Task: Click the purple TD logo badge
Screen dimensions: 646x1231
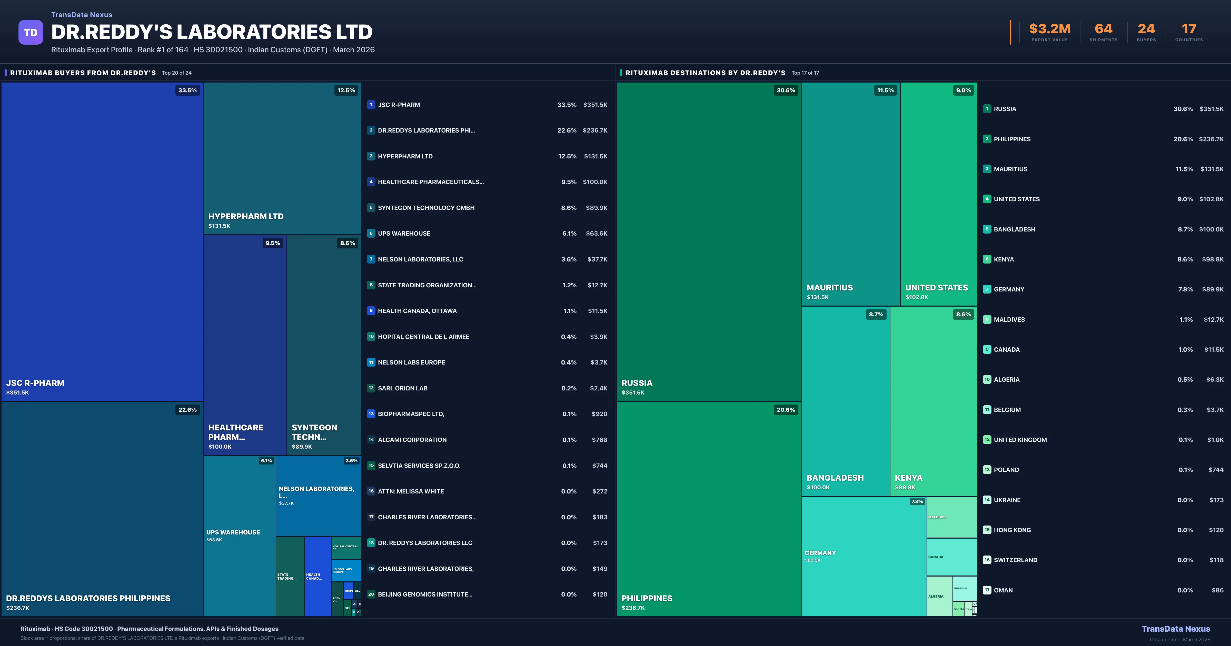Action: click(x=31, y=33)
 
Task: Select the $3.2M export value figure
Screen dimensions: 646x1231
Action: click(x=1049, y=29)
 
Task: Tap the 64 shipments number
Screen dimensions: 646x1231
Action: click(x=1103, y=29)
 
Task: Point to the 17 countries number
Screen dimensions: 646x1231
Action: click(x=1189, y=29)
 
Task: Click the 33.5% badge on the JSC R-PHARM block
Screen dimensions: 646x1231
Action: click(x=187, y=90)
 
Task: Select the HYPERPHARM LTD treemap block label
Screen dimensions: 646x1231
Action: click(x=246, y=216)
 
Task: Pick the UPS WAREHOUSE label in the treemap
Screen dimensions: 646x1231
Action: click(x=233, y=532)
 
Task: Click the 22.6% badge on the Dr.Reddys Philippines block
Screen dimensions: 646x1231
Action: click(x=187, y=409)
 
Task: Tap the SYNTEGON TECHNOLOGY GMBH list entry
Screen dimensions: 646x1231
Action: click(x=426, y=208)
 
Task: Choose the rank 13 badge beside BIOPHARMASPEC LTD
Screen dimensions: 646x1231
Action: click(x=371, y=414)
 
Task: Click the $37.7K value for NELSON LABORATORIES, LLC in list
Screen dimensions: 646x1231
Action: click(x=597, y=259)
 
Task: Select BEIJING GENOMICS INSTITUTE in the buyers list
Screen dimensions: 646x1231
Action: click(x=425, y=594)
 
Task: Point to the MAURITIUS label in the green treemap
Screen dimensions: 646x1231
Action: click(x=830, y=288)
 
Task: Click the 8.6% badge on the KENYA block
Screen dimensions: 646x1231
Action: click(x=963, y=314)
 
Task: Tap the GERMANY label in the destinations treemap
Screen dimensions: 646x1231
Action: click(x=820, y=553)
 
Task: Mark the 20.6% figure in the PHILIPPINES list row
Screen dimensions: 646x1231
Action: click(x=1183, y=139)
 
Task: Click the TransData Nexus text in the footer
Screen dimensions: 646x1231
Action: click(x=1176, y=629)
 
